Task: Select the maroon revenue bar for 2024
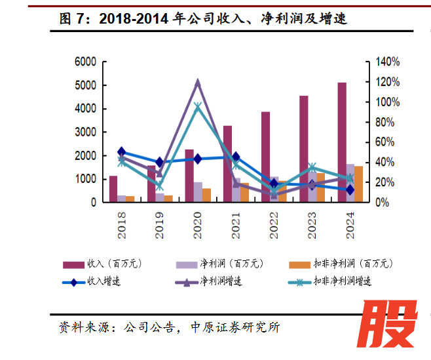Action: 342,142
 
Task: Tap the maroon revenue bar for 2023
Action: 304,148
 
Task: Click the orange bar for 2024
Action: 359,184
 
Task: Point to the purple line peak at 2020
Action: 198,83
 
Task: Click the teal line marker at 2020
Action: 198,107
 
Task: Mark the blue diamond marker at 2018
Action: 121,152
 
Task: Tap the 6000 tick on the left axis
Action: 85,62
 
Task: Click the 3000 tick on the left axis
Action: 85,132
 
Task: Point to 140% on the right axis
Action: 386,62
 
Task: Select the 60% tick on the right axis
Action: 384,142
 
